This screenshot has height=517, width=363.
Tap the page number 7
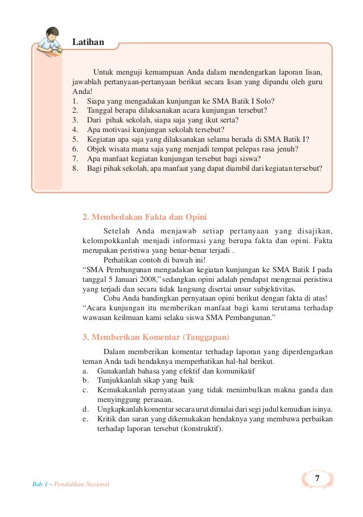tap(317, 478)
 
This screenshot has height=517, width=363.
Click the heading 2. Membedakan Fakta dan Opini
tap(144, 217)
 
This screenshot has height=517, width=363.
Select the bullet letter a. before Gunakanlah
tap(85, 370)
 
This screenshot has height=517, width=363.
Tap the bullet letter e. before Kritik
tap(85, 419)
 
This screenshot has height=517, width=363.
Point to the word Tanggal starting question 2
tap(99, 110)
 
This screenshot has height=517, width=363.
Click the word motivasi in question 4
tap(116, 129)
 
